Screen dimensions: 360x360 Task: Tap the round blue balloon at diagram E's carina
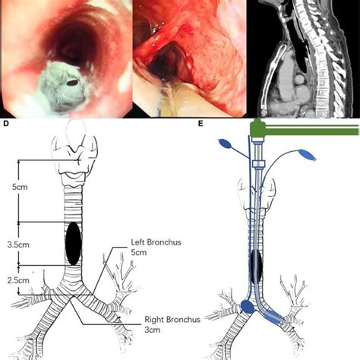(x=247, y=307)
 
